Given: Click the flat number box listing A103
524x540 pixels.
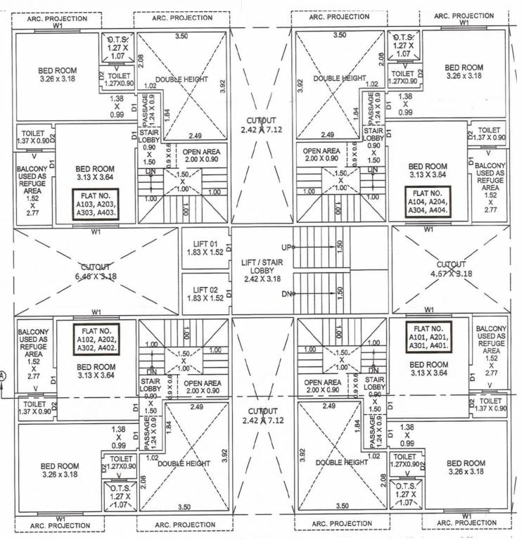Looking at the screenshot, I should [x=95, y=205].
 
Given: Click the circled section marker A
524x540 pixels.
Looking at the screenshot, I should [x=4, y=376].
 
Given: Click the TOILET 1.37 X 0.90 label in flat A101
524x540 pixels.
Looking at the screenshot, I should [x=490, y=405].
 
